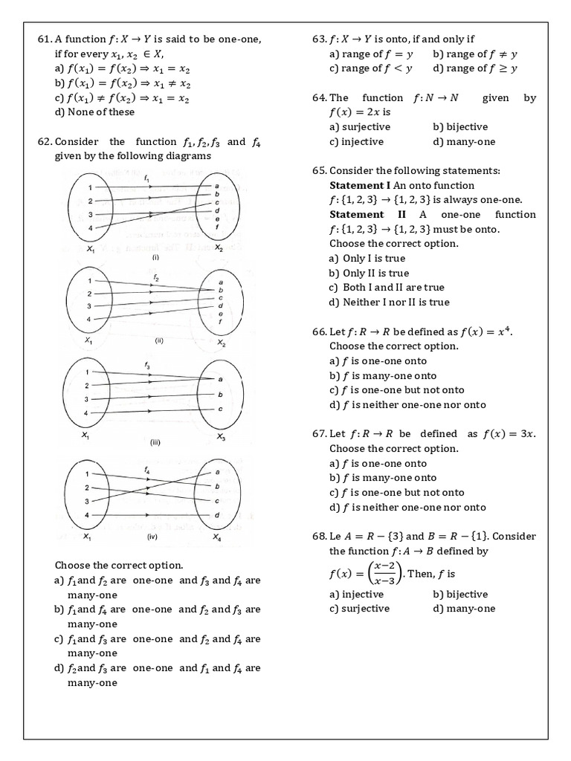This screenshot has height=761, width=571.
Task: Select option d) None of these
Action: point(94,112)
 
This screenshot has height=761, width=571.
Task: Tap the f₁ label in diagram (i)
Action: point(146,178)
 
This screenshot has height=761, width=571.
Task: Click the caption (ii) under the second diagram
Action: point(158,342)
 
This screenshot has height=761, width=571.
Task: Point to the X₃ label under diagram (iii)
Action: point(221,438)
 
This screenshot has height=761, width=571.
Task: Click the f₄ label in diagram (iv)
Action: point(146,470)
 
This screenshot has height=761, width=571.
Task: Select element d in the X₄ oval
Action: point(217,515)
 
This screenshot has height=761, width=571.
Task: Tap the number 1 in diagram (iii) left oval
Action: point(87,372)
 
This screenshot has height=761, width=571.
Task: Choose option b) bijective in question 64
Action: point(459,127)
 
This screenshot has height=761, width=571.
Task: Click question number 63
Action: point(320,39)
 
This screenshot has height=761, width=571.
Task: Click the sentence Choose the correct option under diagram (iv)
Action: point(119,566)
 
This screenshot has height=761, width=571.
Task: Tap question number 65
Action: point(320,170)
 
